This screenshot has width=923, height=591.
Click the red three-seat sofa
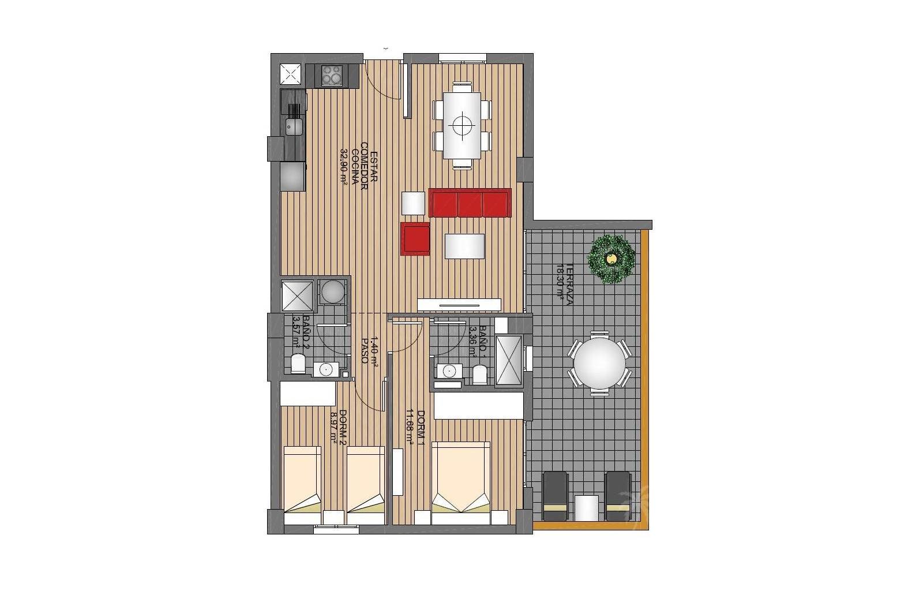(470, 203)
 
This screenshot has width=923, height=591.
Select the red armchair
(416, 238)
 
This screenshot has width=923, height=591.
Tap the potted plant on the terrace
(611, 259)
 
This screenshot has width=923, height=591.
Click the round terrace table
(599, 363)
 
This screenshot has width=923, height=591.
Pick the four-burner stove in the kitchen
(331, 75)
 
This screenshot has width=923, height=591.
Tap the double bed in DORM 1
(460, 477)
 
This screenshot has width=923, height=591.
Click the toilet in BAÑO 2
(298, 364)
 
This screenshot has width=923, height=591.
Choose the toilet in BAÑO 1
(479, 375)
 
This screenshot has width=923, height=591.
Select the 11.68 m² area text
(410, 428)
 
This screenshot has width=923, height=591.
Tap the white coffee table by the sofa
(464, 246)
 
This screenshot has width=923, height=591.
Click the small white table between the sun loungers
(587, 507)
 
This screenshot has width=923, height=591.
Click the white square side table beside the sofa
(413, 203)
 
